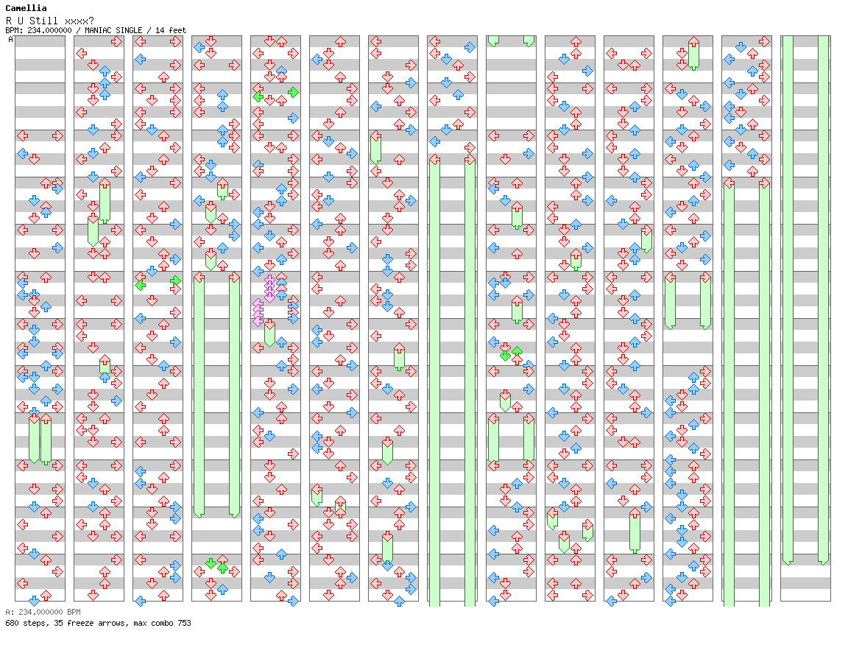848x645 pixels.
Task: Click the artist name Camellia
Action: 26,8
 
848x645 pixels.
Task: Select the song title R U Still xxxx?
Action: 49,20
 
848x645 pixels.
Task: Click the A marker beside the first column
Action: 10,40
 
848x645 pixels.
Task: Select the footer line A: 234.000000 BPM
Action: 43,612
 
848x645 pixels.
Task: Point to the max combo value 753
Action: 183,623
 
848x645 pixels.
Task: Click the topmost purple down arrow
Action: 269,281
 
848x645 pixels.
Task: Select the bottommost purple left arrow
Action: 258,321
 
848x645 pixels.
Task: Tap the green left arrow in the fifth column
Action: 258,96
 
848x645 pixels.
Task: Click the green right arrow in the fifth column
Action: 293,92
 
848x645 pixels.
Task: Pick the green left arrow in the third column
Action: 140,285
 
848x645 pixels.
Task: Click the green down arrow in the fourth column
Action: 211,563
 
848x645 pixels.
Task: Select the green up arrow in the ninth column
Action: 517,351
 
